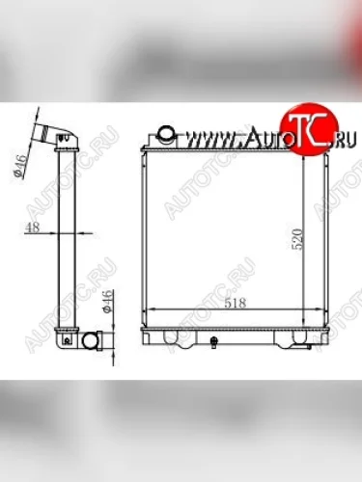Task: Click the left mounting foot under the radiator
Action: click(175, 338)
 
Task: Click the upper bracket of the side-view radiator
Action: click(67, 145)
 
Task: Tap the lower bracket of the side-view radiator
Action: click(67, 333)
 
